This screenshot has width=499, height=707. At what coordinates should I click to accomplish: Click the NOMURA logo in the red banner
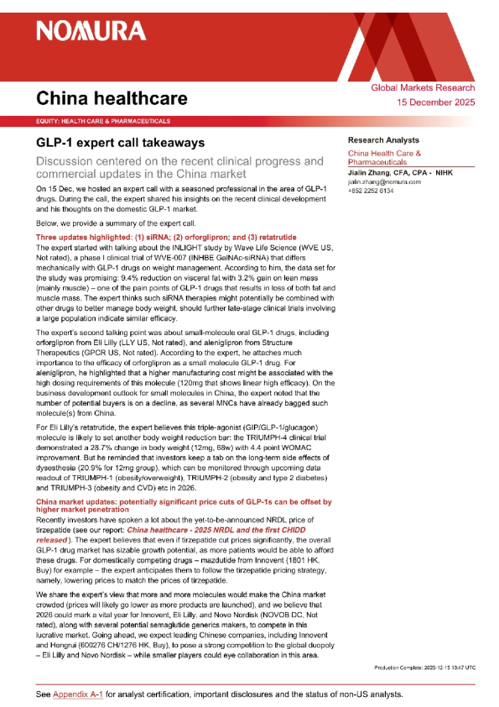tap(91, 32)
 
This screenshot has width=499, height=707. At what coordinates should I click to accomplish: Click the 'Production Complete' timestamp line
tap(424, 667)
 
